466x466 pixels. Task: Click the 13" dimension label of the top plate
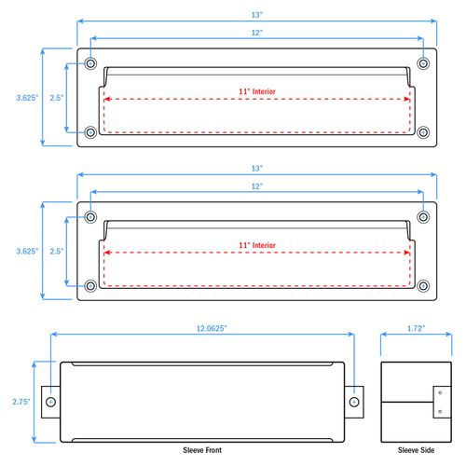257,15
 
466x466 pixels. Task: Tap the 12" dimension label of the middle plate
257,186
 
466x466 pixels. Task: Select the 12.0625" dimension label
212,328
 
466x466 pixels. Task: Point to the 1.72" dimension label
416,328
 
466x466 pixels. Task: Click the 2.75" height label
21,402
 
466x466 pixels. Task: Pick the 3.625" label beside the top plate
27,98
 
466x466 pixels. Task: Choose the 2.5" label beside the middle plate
57,251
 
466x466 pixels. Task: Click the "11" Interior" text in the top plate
257,91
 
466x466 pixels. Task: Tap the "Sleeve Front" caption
202,450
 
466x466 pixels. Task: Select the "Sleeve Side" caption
416,450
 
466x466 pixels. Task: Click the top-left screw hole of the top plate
90,63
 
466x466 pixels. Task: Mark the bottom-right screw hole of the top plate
423,132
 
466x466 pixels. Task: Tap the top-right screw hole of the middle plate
423,217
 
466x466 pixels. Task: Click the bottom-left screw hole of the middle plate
90,286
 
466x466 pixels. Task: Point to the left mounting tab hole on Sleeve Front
51,402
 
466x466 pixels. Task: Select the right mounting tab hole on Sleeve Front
354,402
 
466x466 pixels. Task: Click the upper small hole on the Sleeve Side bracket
440,393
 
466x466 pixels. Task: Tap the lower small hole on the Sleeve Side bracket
440,412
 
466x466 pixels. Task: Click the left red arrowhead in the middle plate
107,253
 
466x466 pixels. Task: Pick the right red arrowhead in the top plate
406,99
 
